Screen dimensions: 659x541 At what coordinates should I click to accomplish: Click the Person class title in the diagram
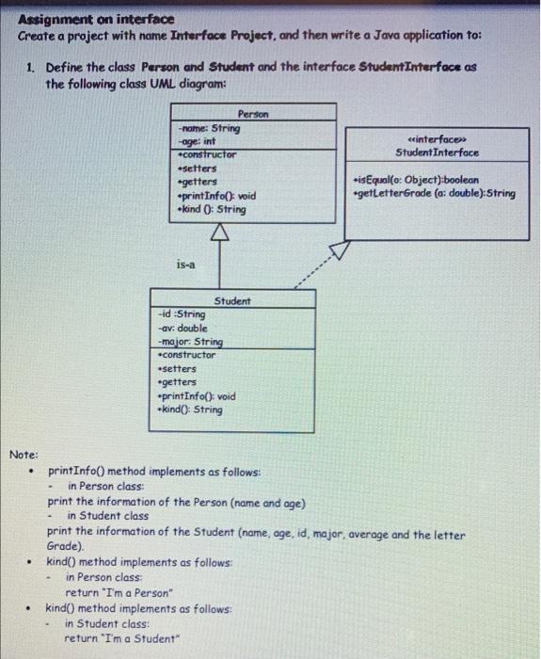[x=253, y=113]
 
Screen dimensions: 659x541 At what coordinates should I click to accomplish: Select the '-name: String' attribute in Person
[x=210, y=128]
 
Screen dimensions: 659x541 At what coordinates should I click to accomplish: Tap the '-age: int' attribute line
[x=199, y=141]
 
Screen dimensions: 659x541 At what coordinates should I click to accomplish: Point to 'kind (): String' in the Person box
[x=212, y=209]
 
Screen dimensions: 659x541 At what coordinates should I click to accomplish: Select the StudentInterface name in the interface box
[x=437, y=152]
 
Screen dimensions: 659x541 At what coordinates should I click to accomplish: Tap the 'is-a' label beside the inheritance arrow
[x=185, y=265]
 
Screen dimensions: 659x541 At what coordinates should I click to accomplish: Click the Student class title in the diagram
[x=232, y=300]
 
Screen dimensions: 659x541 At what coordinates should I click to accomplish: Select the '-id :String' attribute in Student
[x=180, y=314]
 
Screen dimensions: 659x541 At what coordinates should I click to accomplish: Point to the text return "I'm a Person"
[x=119, y=593]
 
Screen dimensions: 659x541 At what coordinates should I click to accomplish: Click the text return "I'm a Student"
[x=120, y=638]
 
